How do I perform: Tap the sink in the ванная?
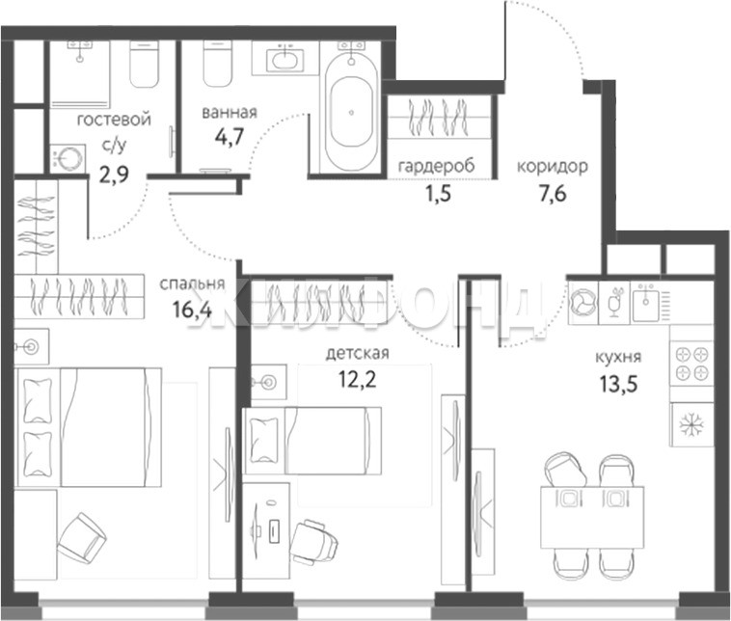(x=284, y=60)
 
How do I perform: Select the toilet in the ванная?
(x=218, y=64)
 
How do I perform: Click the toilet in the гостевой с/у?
(x=144, y=64)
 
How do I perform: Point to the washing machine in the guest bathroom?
(x=68, y=158)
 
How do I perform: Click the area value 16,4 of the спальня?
(x=192, y=309)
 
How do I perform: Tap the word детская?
(x=357, y=353)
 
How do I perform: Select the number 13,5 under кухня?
(x=618, y=385)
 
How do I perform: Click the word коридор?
(x=553, y=166)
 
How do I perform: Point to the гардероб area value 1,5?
(x=438, y=193)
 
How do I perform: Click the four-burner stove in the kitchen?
(x=691, y=364)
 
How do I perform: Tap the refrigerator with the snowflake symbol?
(x=691, y=424)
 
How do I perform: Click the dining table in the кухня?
(x=592, y=518)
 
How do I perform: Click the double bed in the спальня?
(x=89, y=427)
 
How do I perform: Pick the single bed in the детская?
(x=311, y=441)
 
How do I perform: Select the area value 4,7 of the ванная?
(x=230, y=138)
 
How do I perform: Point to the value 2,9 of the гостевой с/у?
(x=114, y=175)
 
